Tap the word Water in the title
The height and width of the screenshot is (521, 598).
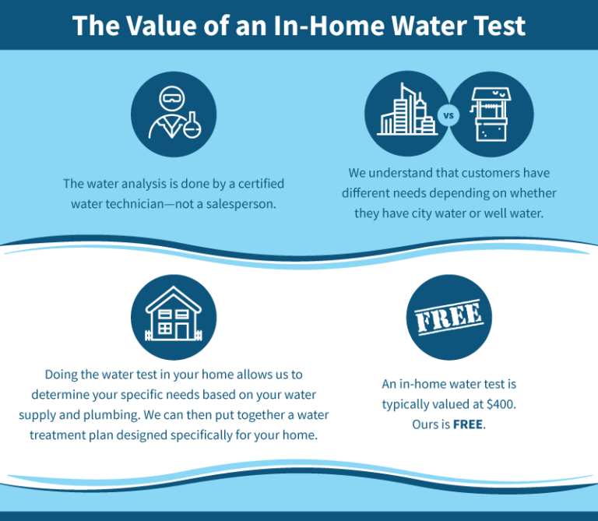tap(429, 26)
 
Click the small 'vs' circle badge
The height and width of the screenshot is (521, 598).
tap(448, 114)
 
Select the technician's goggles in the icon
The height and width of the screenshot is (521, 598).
tap(172, 98)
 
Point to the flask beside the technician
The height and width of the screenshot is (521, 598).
tap(192, 125)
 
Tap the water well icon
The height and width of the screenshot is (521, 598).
tap(491, 114)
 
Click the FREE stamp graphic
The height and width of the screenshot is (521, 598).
tap(448, 317)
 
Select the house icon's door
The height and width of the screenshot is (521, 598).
tap(182, 331)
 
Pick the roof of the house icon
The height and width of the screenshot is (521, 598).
tap(174, 299)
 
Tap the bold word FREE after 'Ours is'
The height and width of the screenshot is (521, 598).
tap(468, 424)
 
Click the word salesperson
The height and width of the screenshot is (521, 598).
tap(241, 204)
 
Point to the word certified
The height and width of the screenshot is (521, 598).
tap(262, 184)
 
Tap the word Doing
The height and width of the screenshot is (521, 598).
tap(61, 375)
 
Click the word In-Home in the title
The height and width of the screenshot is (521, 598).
tap(329, 26)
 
